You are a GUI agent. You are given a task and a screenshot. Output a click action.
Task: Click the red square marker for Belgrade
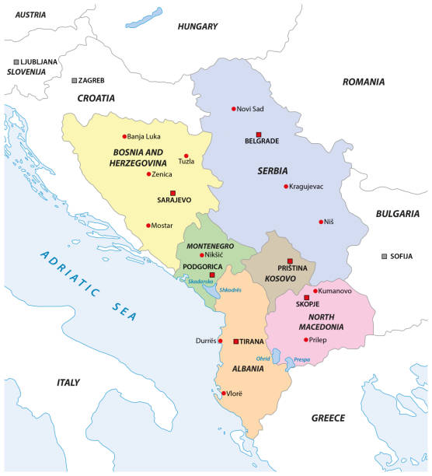[260, 133]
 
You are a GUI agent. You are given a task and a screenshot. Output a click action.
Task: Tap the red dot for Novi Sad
[233, 109]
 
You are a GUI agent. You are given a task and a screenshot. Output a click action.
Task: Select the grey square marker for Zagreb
[75, 80]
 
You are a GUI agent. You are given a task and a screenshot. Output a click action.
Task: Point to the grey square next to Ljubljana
[16, 61]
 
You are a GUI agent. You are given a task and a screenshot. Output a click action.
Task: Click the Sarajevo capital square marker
[173, 192]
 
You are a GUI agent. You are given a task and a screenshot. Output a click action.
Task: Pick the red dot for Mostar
[148, 226]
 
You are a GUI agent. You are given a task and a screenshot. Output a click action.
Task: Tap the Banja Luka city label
[144, 137]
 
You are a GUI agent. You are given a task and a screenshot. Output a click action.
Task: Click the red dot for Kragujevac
[286, 186]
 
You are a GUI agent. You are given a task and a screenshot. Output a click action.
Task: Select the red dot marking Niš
[321, 222]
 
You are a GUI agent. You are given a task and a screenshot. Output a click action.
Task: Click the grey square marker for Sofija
[384, 256]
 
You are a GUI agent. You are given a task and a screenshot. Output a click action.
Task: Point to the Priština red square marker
[289, 261]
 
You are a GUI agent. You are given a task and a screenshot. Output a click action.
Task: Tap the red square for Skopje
[306, 297]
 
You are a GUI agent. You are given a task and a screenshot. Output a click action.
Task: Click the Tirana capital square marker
[235, 341]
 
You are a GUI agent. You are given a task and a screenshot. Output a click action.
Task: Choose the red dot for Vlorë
[224, 394]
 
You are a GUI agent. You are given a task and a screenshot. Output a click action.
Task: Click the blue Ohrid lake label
[264, 359]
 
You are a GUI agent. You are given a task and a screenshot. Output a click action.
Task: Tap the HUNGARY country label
[197, 26]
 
